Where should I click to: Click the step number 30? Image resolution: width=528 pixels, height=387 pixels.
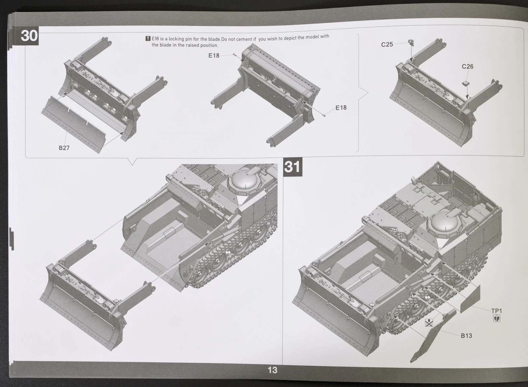(29, 36)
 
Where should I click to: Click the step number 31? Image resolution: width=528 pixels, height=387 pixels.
(292, 167)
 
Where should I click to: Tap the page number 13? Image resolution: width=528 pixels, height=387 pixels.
(273, 370)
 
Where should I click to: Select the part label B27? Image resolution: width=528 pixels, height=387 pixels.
(64, 148)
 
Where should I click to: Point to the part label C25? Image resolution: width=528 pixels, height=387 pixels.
(387, 45)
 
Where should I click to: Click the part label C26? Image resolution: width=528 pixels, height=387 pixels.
(467, 66)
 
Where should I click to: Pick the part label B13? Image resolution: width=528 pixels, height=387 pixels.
(467, 336)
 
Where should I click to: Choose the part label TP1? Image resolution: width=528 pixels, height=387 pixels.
(497, 311)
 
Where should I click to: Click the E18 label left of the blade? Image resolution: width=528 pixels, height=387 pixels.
(214, 56)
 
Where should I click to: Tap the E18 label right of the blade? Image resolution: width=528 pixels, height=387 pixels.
(341, 108)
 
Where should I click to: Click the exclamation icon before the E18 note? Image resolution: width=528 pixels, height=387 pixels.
(148, 38)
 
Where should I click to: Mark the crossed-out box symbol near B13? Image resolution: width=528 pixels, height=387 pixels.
(429, 323)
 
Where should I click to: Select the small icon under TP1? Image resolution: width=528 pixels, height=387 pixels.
(497, 319)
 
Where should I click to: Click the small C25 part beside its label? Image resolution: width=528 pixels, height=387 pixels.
(411, 43)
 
